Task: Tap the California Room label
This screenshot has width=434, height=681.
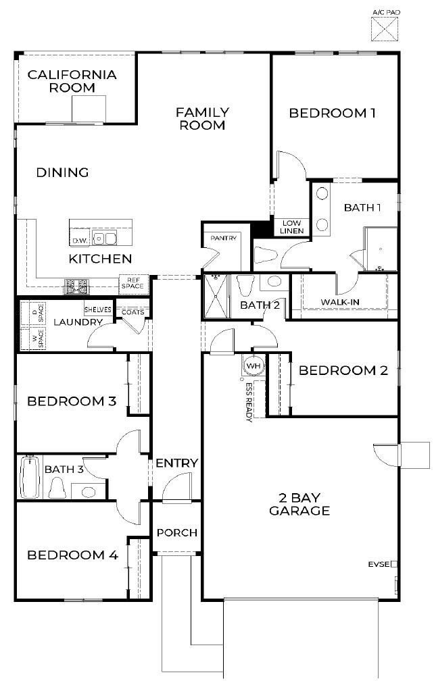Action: click(x=72, y=81)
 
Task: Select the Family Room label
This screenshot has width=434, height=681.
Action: click(x=203, y=118)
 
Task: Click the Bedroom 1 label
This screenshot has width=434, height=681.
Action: click(x=332, y=113)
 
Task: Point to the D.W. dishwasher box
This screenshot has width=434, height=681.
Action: click(x=79, y=239)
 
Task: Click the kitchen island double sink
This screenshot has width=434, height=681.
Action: click(x=105, y=238)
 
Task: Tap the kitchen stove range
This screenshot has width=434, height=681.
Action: click(x=77, y=286)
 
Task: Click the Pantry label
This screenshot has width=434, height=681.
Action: click(x=222, y=238)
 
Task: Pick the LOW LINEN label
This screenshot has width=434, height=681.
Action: click(x=292, y=227)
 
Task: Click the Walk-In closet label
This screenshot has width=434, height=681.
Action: click(x=339, y=302)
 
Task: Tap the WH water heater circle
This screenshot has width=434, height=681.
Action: click(x=254, y=365)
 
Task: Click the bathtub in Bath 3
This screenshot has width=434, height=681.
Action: click(x=29, y=476)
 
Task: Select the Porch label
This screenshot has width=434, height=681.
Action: click(x=176, y=532)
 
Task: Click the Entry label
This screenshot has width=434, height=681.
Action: click(x=176, y=463)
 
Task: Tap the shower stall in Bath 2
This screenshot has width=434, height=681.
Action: click(x=216, y=295)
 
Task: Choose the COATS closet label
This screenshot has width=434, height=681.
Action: click(x=132, y=312)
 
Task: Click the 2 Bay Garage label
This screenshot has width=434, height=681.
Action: click(x=299, y=504)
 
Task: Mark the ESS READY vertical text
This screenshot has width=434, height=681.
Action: click(x=249, y=402)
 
